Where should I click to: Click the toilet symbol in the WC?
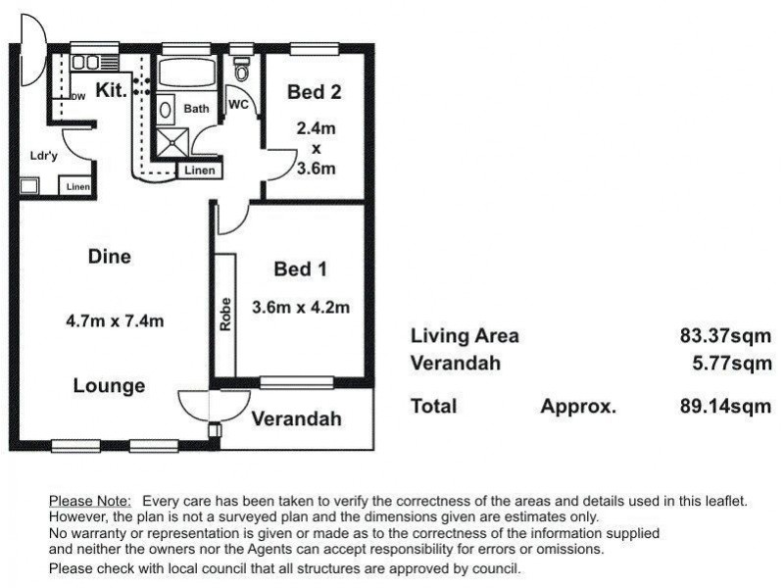pyautogui.click(x=242, y=69)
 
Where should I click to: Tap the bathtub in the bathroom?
pyautogui.click(x=187, y=73)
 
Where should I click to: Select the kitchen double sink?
pyautogui.click(x=85, y=63)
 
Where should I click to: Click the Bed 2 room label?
pyautogui.click(x=315, y=92)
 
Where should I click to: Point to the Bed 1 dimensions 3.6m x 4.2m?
pyautogui.click(x=301, y=307)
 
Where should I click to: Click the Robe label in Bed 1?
pyautogui.click(x=225, y=315)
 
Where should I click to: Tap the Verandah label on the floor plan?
pyautogui.click(x=297, y=418)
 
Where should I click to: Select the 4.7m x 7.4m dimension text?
pyautogui.click(x=115, y=320)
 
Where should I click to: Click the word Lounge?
pyautogui.click(x=109, y=385)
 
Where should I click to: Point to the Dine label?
pyautogui.click(x=110, y=257)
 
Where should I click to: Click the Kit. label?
pyautogui.click(x=111, y=90)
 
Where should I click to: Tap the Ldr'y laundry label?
pyautogui.click(x=44, y=156)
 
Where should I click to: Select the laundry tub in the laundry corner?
pyautogui.click(x=29, y=186)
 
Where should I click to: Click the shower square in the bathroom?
pyautogui.click(x=172, y=142)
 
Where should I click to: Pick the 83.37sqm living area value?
pyautogui.click(x=725, y=335)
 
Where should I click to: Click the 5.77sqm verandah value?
pyautogui.click(x=732, y=363)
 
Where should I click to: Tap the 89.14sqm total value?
pyautogui.click(x=725, y=406)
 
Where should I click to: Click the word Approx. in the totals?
pyautogui.click(x=578, y=407)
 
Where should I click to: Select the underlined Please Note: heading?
pyautogui.click(x=90, y=501)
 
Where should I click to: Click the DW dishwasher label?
pyautogui.click(x=79, y=97)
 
